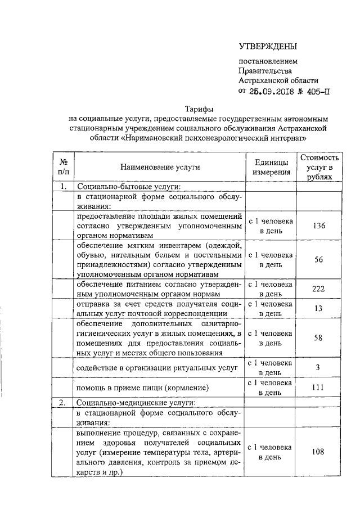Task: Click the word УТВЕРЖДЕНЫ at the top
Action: coord(268,46)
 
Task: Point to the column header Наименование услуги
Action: coord(159,168)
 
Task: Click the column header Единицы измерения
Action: coord(270,167)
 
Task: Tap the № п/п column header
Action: coord(64,167)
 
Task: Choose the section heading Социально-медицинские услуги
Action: coord(136,403)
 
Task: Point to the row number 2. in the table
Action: coord(64,403)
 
